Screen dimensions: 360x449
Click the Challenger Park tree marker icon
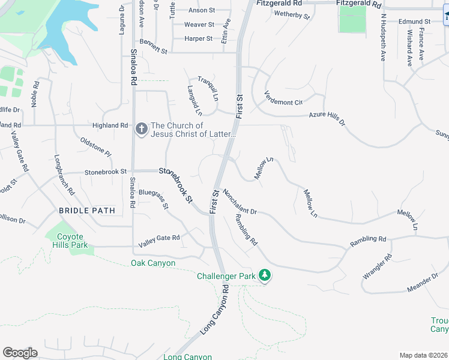265,275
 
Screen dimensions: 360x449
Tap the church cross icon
141,129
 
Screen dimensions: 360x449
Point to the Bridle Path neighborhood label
86,211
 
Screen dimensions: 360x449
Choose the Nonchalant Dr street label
239,202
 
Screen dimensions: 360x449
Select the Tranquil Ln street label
208,88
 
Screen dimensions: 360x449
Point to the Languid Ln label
193,100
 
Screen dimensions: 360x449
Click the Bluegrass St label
154,198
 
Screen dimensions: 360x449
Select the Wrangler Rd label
377,266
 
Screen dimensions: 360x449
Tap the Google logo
20,353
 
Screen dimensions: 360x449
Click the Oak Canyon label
153,263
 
